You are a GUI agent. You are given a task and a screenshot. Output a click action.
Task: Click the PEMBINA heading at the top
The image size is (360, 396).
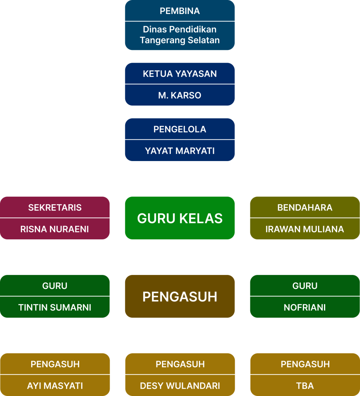180,11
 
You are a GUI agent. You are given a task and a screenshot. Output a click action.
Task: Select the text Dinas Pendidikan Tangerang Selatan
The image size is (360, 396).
180,35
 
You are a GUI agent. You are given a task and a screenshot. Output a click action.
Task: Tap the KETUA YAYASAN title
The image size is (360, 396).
180,74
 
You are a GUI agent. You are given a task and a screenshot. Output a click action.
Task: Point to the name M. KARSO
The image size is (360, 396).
180,96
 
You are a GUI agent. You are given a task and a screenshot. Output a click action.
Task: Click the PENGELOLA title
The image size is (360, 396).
180,129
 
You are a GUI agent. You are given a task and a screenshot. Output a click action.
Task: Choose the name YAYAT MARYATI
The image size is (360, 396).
180,151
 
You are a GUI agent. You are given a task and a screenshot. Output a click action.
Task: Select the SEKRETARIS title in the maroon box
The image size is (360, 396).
55,208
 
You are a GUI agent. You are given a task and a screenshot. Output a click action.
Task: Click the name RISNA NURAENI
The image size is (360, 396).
55,229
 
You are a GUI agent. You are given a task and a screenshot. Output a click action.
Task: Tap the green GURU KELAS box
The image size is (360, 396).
180,218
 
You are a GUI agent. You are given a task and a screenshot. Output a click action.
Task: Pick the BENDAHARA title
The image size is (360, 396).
305,208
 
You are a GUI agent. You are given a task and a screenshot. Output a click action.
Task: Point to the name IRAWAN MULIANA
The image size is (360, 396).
305,229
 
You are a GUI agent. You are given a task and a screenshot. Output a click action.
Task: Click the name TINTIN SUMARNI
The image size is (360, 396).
55,308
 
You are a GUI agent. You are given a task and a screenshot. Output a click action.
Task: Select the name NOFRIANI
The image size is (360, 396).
305,308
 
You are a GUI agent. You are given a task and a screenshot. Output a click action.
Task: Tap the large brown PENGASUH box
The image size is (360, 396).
180,297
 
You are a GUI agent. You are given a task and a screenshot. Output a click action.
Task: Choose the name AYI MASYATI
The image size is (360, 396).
55,386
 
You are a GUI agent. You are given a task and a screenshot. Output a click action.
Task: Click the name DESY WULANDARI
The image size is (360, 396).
180,386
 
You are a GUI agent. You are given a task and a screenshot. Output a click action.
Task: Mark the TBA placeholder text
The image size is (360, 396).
305,386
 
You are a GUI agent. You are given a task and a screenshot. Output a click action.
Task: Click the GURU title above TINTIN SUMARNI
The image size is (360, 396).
55,286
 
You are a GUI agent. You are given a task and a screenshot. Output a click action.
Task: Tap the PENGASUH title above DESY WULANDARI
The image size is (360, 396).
180,364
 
